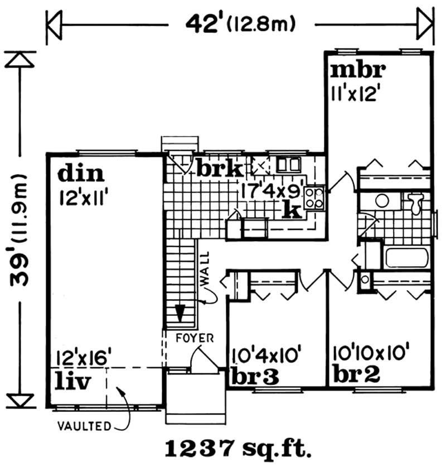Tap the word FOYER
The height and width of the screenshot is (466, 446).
(x=191, y=338)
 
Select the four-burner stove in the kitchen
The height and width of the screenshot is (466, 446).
(x=314, y=196)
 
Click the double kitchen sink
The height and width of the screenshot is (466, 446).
(x=288, y=164)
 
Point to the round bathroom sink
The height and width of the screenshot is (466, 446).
(x=382, y=200)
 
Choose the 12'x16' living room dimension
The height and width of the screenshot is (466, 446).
(x=84, y=357)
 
